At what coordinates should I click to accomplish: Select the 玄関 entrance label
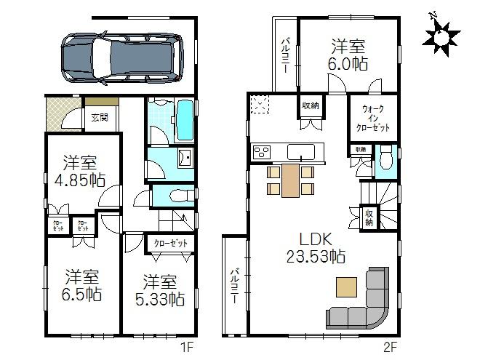coord(99,116)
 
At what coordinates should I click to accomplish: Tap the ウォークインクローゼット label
coord(372,118)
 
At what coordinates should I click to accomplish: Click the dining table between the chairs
coord(290,180)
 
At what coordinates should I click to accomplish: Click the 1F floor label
coord(188,346)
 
